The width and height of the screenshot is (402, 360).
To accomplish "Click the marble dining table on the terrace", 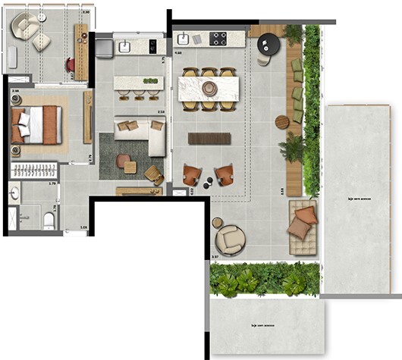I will pos(209,88).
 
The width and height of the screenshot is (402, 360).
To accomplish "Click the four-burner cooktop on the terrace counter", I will pos(218,38).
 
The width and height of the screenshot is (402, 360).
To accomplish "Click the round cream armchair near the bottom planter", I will pos(230,240).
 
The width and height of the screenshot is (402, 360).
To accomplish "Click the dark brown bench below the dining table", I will pos(209,138).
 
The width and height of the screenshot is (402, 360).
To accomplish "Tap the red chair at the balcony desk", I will pos(70,65).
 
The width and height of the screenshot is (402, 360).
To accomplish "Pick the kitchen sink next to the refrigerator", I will pos(124,47).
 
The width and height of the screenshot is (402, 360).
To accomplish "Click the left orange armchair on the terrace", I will pos(193,175).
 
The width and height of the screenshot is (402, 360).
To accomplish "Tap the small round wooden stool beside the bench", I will pos(281,122).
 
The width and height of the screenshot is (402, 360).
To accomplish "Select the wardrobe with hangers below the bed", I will pos(34,171).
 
